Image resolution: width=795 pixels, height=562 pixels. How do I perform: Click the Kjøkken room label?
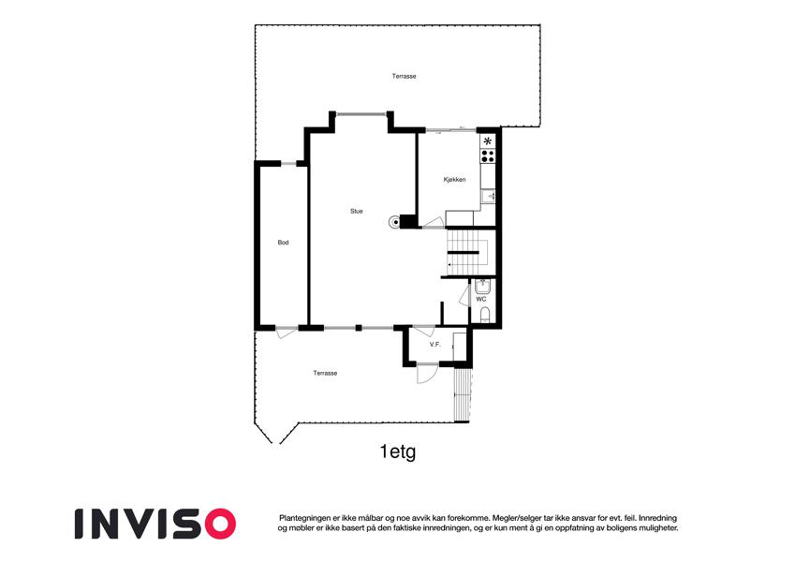(454, 180)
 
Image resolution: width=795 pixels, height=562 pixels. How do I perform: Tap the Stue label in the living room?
(357, 211)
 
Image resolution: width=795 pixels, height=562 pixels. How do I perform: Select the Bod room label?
(283, 243)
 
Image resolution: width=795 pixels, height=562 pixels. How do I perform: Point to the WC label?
(481, 299)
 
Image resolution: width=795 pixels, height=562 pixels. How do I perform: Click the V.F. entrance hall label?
(435, 345)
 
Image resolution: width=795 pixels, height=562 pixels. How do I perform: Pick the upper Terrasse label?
(405, 76)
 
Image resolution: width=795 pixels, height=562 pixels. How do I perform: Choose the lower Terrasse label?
(325, 373)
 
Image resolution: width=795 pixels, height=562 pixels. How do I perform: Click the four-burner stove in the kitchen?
(488, 155)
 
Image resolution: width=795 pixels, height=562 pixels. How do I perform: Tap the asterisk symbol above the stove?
(488, 141)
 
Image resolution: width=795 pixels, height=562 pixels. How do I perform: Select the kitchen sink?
(488, 196)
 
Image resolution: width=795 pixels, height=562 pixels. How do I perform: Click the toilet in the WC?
(484, 315)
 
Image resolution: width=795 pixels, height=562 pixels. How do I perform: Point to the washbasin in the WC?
(482, 287)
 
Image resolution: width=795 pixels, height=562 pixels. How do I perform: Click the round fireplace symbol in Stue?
(394, 222)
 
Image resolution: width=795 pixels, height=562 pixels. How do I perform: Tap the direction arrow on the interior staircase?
(450, 265)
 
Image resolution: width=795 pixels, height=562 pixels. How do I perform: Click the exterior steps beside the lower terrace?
(462, 395)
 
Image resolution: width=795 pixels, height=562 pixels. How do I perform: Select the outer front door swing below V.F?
(427, 374)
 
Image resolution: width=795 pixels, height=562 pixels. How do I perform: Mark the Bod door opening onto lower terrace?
(287, 333)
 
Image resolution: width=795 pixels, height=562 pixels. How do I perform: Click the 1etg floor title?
(398, 451)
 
